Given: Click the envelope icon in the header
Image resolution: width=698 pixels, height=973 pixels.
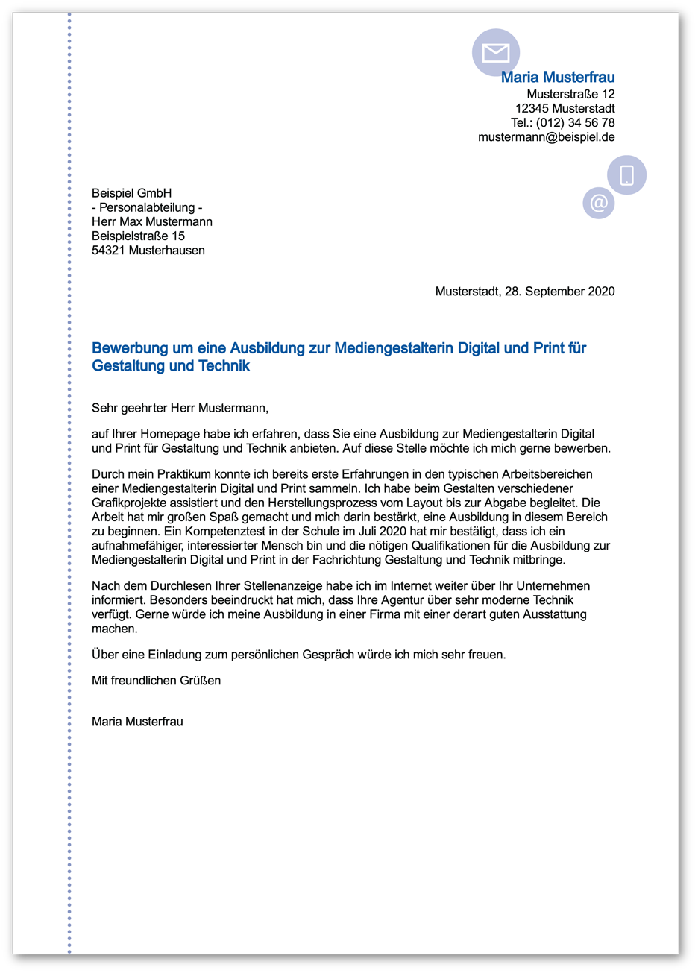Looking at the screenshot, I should [496, 52].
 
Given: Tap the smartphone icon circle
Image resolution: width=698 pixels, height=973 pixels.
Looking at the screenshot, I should [626, 175].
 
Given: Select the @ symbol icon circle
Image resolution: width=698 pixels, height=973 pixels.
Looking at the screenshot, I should [599, 203].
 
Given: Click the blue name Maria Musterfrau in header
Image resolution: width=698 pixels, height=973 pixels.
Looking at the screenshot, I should [558, 77].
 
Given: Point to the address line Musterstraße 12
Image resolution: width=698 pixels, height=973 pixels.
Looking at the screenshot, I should [570, 95].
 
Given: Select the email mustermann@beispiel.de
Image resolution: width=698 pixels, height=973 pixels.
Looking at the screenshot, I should [546, 137].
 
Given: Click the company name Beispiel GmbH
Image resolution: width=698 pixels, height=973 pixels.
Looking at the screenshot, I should [131, 193].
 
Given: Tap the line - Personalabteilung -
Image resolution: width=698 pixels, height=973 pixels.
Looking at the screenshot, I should [146, 207].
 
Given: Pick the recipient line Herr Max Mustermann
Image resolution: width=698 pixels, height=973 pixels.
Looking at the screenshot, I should [151, 221].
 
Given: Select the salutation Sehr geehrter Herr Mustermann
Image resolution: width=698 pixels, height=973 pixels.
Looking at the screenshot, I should [179, 408].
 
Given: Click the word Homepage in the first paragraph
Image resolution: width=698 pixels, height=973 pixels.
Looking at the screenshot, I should [171, 434].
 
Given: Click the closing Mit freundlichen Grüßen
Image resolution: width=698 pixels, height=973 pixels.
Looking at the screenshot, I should [156, 681].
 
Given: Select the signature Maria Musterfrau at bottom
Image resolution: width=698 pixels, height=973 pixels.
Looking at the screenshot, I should [137, 722].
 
